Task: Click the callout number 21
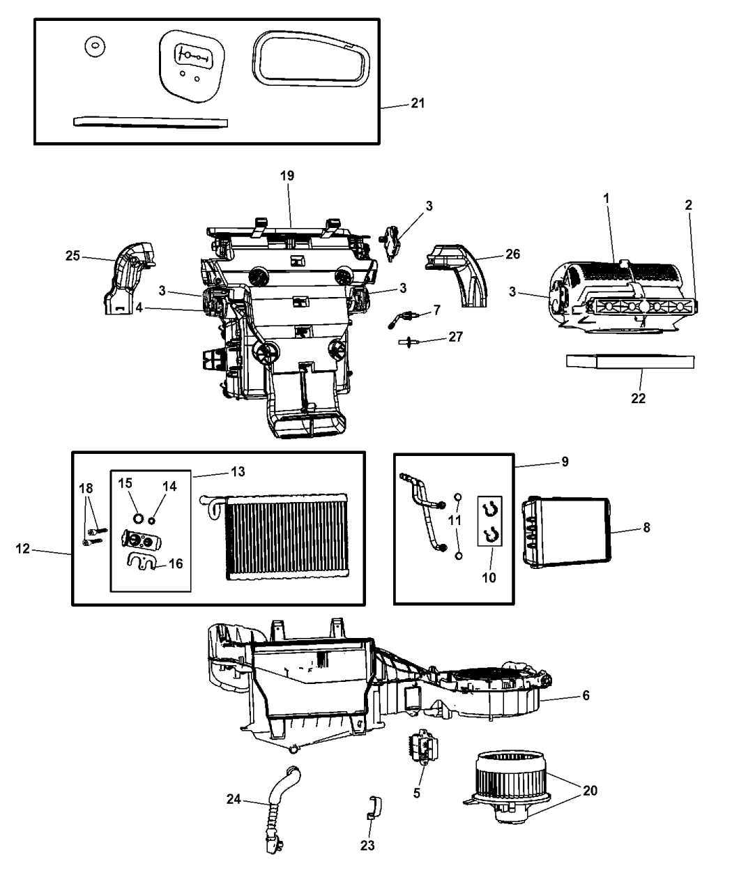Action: pyautogui.click(x=418, y=103)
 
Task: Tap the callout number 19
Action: pyautogui.click(x=287, y=176)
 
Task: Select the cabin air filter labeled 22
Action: pyautogui.click(x=631, y=362)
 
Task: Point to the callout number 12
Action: pyautogui.click(x=24, y=549)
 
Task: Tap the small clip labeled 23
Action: pyautogui.click(x=373, y=807)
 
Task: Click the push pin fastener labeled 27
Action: pyautogui.click(x=405, y=342)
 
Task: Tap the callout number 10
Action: pyautogui.click(x=489, y=577)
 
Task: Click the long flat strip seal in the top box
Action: pyautogui.click(x=151, y=122)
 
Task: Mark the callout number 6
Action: pyautogui.click(x=586, y=695)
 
